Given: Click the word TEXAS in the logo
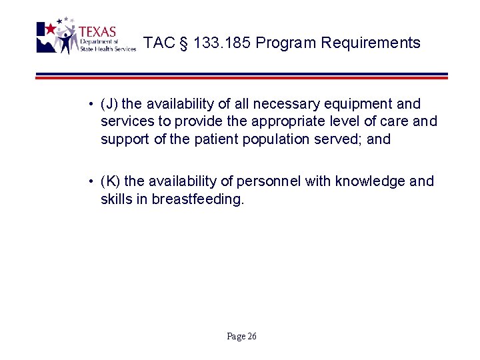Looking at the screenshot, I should (97, 32).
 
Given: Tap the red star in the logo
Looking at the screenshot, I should (50, 29).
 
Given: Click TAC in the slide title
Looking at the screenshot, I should (159, 43).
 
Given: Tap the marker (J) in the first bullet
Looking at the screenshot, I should (109, 104).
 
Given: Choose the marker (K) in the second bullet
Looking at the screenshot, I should (110, 181).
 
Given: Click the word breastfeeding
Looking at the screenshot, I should (198, 199).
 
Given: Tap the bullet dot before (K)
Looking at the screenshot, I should (89, 181).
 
